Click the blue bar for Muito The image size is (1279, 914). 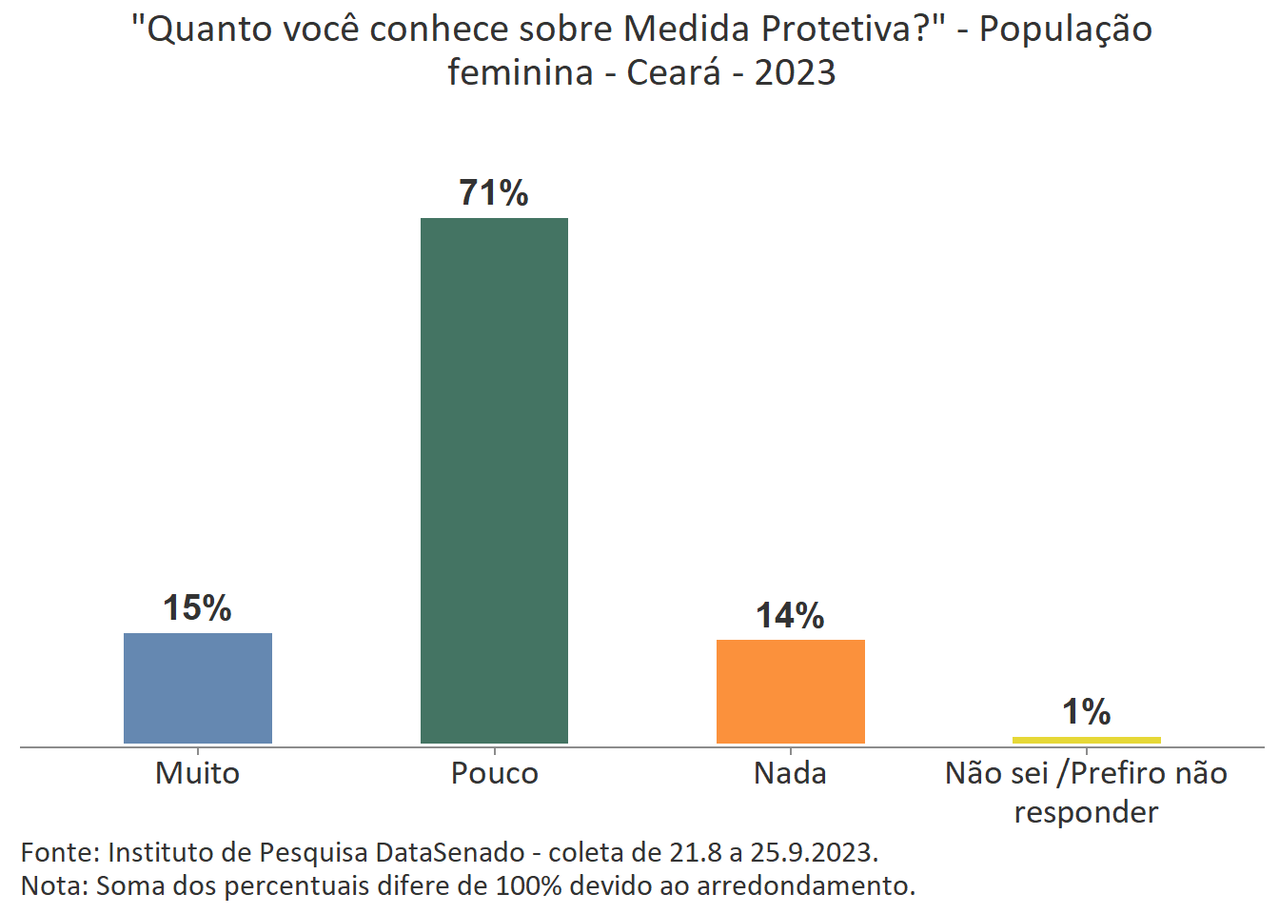point(198,687)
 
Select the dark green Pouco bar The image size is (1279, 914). point(494,481)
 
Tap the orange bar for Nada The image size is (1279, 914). point(790,691)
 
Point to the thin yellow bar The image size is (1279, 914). point(1086,740)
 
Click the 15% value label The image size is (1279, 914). point(197,607)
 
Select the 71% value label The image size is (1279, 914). point(494,193)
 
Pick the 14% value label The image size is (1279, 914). point(790,616)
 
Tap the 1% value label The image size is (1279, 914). point(1086,711)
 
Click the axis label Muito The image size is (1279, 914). point(197,772)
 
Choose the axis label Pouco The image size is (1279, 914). point(494,772)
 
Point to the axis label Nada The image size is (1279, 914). point(790,772)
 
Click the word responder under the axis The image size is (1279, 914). point(1086,812)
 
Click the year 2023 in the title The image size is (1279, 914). point(795,72)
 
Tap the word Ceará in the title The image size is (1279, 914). point(674,72)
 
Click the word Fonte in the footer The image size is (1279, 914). point(59,851)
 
